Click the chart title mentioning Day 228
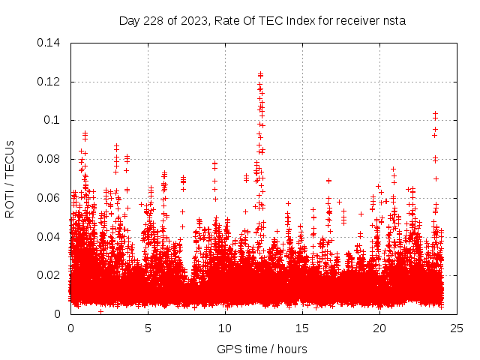click(x=262, y=20)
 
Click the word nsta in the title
click(x=392, y=20)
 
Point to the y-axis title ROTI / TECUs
click(x=10, y=178)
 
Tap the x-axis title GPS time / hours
click(x=262, y=349)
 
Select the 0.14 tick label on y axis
click(x=50, y=43)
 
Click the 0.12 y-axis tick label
click(x=50, y=82)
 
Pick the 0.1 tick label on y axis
click(x=55, y=120)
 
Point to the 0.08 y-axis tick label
click(x=50, y=159)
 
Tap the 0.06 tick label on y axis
click(x=50, y=198)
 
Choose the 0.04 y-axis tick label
click(x=50, y=237)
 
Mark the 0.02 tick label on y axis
click(x=50, y=275)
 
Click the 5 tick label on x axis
click(x=148, y=328)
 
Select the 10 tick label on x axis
click(x=225, y=328)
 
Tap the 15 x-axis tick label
click(x=302, y=328)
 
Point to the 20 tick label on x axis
click(x=379, y=328)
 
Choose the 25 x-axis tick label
click(x=457, y=328)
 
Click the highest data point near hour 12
click(x=260, y=74)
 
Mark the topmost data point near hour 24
click(x=435, y=113)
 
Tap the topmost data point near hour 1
click(x=85, y=133)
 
